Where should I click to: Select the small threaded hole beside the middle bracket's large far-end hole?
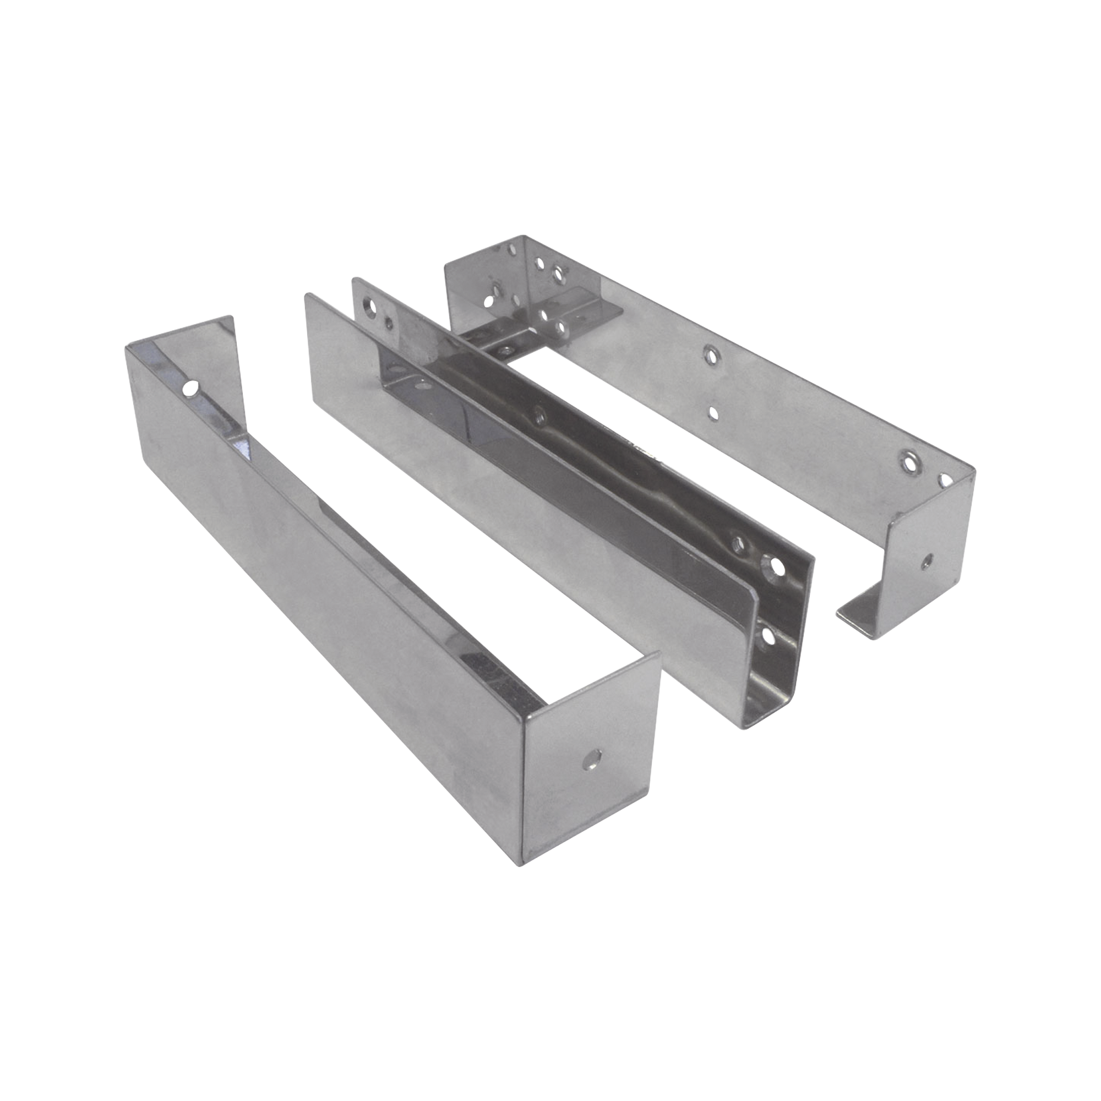(389, 323)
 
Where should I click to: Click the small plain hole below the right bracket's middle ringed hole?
(711, 411)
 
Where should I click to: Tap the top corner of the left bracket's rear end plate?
(231, 315)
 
